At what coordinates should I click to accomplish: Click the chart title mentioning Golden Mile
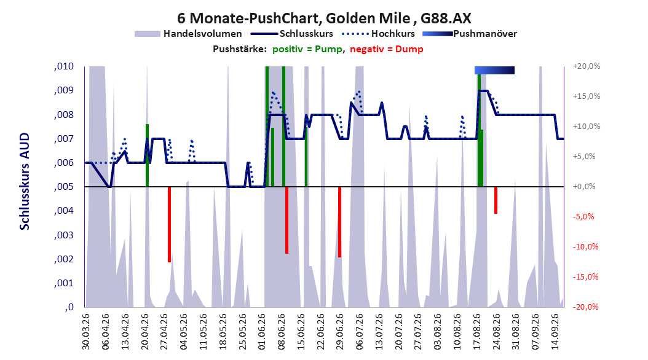[324, 18]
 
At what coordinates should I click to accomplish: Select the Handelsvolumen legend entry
[188, 34]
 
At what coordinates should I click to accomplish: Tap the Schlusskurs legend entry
[292, 34]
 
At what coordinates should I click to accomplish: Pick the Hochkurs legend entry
[378, 34]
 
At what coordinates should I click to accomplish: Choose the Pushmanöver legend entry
[470, 34]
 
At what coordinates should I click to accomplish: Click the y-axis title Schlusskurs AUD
[25, 181]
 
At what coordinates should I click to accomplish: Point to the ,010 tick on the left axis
[64, 66]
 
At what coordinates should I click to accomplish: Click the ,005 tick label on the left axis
[64, 187]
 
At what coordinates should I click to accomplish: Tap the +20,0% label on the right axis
[587, 66]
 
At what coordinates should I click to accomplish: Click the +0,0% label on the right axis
[584, 187]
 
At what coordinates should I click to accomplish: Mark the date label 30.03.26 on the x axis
[86, 332]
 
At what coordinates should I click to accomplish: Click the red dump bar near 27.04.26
[170, 225]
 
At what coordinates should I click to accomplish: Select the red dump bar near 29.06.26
[340, 222]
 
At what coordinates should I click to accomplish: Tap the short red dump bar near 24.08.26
[496, 200]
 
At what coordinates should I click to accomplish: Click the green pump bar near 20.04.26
[147, 155]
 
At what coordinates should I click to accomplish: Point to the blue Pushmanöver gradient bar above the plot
[494, 70]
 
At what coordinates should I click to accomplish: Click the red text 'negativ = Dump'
[387, 49]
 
